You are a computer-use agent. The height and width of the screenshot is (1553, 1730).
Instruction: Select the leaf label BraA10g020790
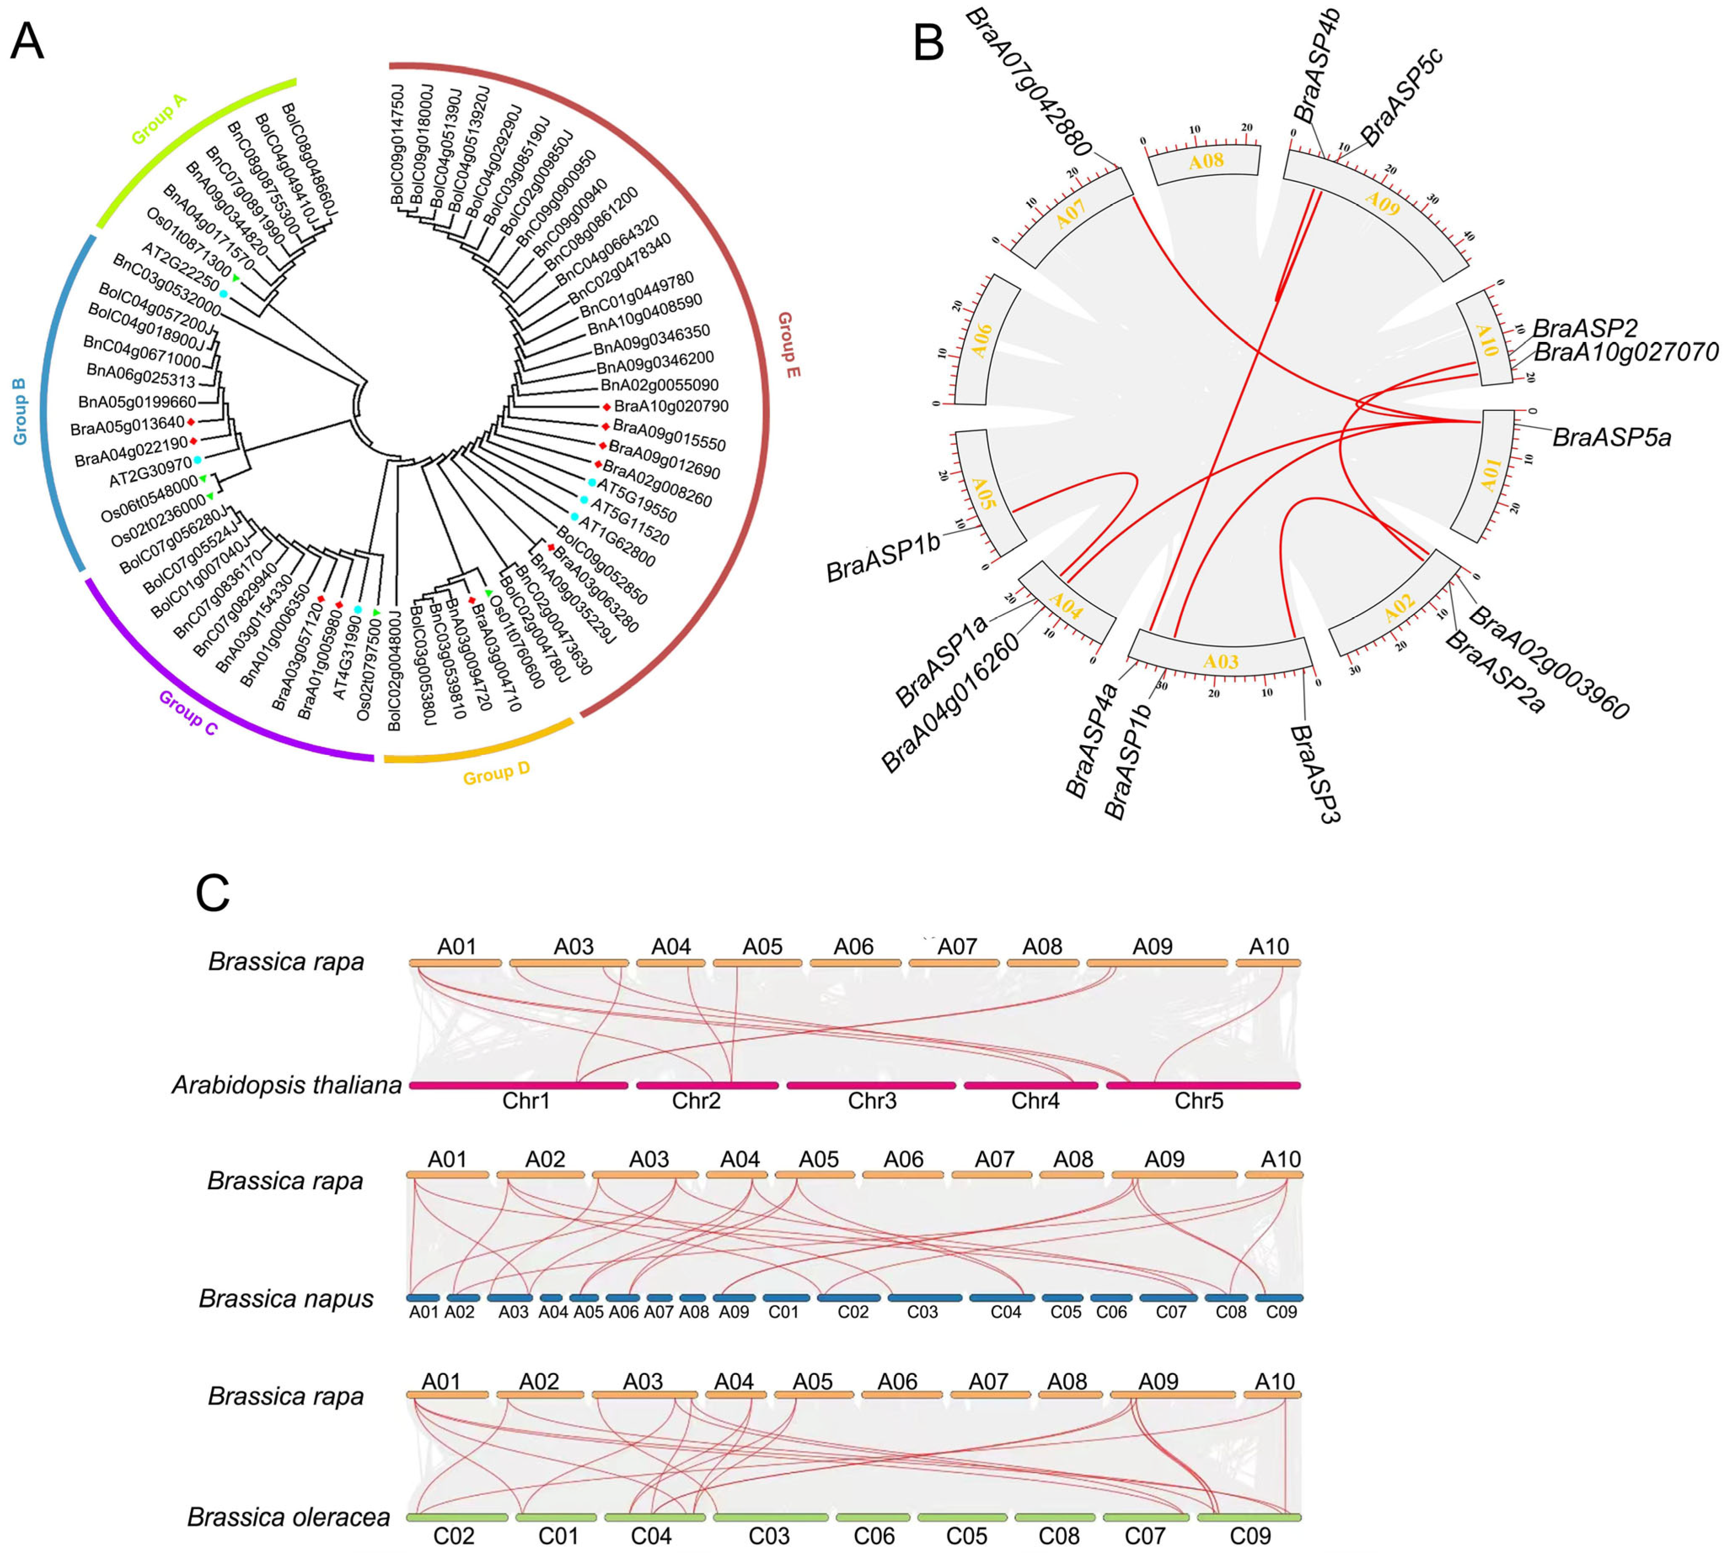[x=671, y=406]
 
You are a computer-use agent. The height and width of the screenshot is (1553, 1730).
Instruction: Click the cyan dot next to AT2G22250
[x=224, y=294]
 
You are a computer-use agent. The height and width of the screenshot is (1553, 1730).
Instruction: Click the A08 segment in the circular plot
[x=1206, y=162]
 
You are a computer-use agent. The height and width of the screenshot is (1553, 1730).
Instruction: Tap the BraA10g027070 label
[x=1626, y=352]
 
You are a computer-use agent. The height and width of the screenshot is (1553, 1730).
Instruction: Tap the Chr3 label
[x=872, y=1101]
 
